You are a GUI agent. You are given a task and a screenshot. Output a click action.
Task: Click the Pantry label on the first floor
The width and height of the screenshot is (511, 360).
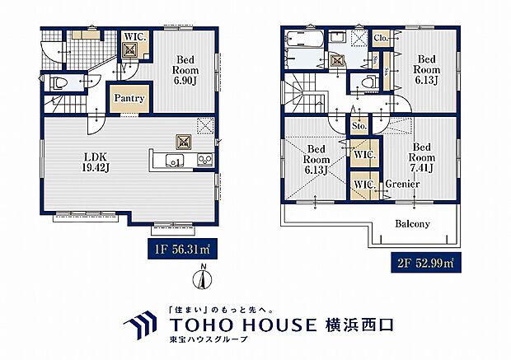129,98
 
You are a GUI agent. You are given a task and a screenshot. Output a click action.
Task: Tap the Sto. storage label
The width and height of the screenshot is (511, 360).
359,127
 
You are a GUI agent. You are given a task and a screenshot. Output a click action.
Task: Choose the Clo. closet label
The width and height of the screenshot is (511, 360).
381,38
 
